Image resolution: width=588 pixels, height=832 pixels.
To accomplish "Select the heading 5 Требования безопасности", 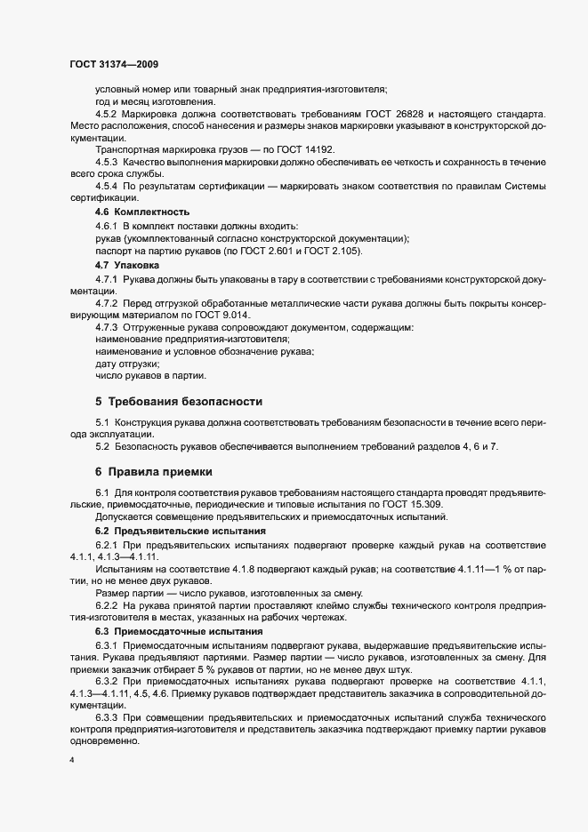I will (x=179, y=402).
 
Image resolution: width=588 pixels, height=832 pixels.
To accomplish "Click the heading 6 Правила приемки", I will (x=153, y=470).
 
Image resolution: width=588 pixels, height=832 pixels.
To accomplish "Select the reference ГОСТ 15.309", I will (x=423, y=504).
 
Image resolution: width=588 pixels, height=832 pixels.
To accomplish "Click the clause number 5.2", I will (x=102, y=445).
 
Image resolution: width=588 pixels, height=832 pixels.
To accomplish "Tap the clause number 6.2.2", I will (x=107, y=604).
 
